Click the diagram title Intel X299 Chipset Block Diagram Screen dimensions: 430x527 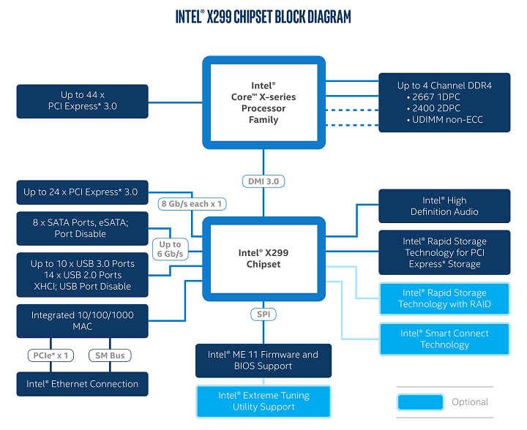point(263,16)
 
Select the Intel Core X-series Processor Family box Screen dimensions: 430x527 point(263,102)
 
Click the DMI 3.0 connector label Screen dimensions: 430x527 point(263,181)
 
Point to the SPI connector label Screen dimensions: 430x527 point(263,314)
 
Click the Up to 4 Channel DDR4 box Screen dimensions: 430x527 point(444,102)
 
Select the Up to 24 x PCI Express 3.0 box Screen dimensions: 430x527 point(81,192)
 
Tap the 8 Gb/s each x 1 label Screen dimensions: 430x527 point(191,204)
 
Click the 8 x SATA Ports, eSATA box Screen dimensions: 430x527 point(81,229)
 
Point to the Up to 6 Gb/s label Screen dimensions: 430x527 point(170,249)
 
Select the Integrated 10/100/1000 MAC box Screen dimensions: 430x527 point(82,321)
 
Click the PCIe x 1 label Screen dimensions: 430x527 point(51,355)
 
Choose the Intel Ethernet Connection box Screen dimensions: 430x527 point(82,384)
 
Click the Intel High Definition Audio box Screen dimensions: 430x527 point(444,206)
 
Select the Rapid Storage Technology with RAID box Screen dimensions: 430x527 point(444,298)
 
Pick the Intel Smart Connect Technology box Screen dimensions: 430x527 point(444,339)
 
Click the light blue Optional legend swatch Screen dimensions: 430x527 point(420,401)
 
